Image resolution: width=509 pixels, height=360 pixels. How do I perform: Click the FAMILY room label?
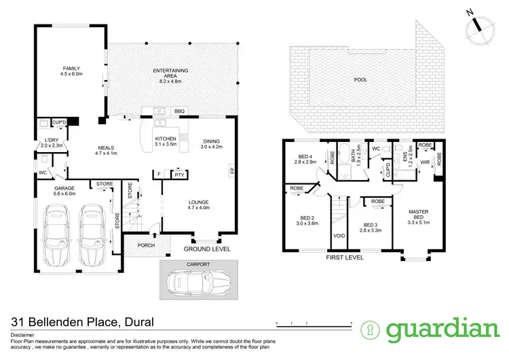72,69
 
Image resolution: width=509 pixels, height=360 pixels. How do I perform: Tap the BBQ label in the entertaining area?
179,111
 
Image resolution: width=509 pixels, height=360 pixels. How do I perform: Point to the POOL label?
361,79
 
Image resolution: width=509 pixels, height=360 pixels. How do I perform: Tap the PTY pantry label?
179,175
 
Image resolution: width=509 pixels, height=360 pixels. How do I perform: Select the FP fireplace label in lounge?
232,171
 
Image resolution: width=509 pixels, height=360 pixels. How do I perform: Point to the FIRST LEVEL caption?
345,258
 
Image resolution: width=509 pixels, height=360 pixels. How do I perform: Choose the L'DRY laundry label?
50,141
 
